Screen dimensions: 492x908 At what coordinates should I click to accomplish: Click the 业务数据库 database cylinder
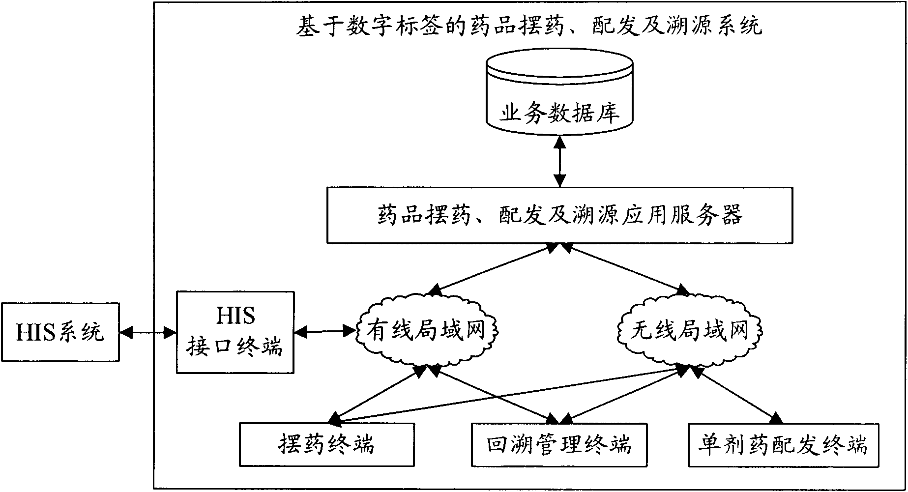point(559,96)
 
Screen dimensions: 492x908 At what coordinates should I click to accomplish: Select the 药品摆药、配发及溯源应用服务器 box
point(559,215)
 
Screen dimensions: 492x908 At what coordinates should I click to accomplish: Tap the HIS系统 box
point(60,333)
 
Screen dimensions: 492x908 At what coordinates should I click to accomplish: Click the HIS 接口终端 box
point(235,332)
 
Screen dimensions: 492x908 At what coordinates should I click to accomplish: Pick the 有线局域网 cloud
point(425,330)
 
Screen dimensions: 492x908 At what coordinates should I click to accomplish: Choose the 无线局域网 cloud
point(689,330)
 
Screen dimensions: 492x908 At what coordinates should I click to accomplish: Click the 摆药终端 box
point(326,445)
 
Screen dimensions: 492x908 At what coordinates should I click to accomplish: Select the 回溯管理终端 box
point(559,445)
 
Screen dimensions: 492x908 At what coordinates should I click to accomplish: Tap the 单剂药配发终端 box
point(783,445)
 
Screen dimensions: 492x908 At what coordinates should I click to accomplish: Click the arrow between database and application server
point(559,162)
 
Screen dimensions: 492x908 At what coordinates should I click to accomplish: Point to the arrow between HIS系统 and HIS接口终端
point(147,333)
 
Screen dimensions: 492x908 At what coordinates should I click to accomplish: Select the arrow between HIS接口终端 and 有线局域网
point(325,332)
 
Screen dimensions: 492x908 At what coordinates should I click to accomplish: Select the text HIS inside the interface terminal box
point(235,316)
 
